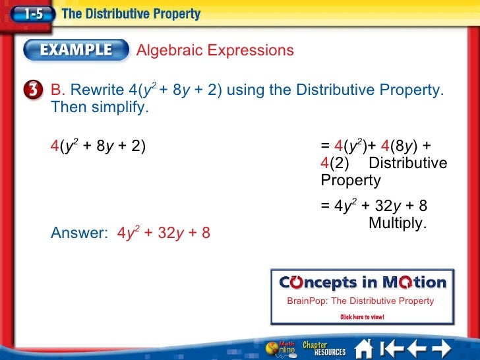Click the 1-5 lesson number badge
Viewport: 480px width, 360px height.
click(x=30, y=13)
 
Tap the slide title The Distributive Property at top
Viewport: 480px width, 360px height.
click(x=131, y=13)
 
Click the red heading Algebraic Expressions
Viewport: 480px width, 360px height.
click(x=215, y=51)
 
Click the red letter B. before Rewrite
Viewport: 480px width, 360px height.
click(x=59, y=90)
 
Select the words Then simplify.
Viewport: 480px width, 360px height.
click(x=100, y=107)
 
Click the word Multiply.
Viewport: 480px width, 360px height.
click(x=398, y=224)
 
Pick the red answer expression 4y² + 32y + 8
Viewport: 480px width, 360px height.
click(x=164, y=233)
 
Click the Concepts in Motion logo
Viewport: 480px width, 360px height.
click(x=363, y=283)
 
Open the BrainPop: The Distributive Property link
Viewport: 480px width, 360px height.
click(x=361, y=301)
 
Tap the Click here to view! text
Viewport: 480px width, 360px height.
click(x=362, y=317)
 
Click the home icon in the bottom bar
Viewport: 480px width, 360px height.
click(x=364, y=347)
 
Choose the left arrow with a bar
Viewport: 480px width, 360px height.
click(x=393, y=347)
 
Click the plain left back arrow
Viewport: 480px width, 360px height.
click(x=416, y=347)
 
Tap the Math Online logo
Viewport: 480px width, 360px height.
click(x=280, y=347)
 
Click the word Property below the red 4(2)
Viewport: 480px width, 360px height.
click(x=351, y=181)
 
